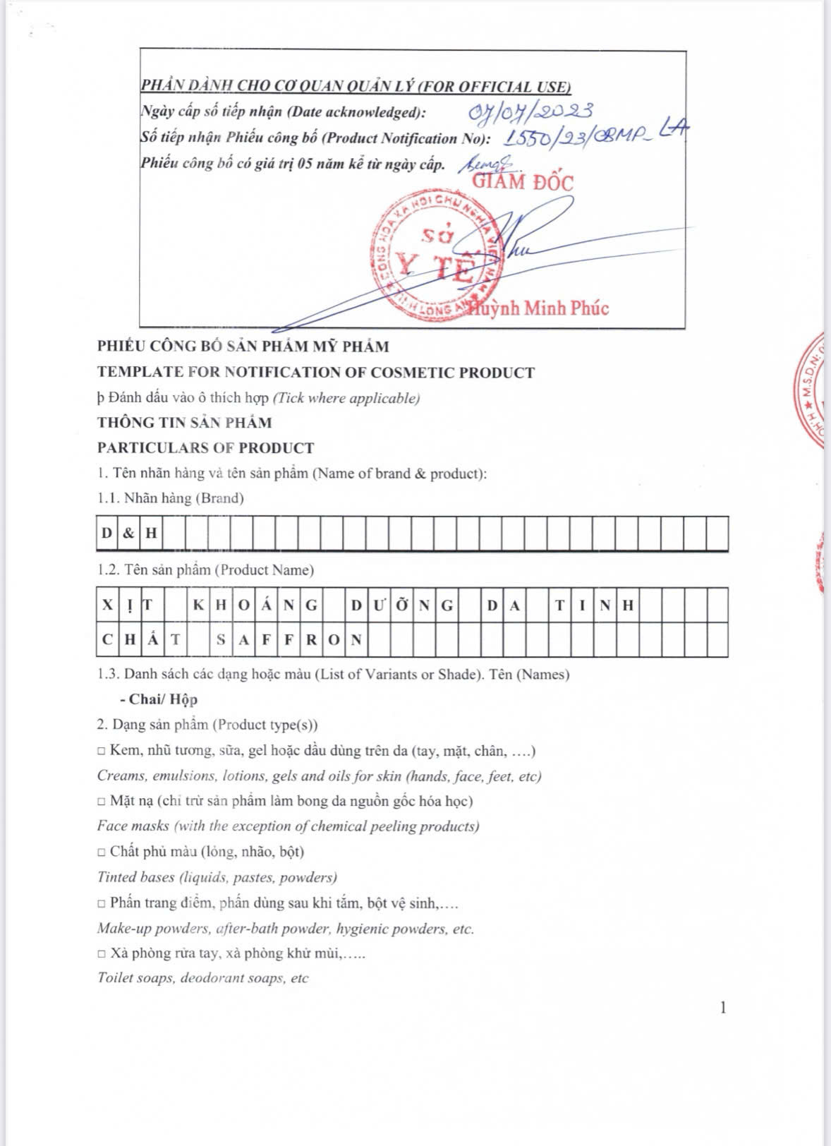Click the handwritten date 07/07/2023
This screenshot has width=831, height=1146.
(531, 111)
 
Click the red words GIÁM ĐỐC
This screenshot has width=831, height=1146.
(523, 181)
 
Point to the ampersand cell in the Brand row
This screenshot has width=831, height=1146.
(128, 533)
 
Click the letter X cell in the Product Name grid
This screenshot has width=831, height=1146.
(107, 604)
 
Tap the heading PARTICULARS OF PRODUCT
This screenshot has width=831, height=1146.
(205, 448)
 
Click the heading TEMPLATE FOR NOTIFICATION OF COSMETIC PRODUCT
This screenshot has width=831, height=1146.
(316, 373)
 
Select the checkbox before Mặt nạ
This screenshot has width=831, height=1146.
(102, 802)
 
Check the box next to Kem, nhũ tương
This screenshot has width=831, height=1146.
(102, 751)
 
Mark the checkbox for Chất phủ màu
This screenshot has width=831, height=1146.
(102, 852)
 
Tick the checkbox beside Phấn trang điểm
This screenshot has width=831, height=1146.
(102, 903)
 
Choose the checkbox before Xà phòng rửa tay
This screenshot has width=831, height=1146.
(102, 954)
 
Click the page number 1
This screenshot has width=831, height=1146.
(722, 1008)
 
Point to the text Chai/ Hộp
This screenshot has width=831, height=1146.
(163, 699)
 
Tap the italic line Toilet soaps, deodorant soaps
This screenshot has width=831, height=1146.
(203, 978)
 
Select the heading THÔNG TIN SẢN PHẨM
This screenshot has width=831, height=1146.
(184, 423)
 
